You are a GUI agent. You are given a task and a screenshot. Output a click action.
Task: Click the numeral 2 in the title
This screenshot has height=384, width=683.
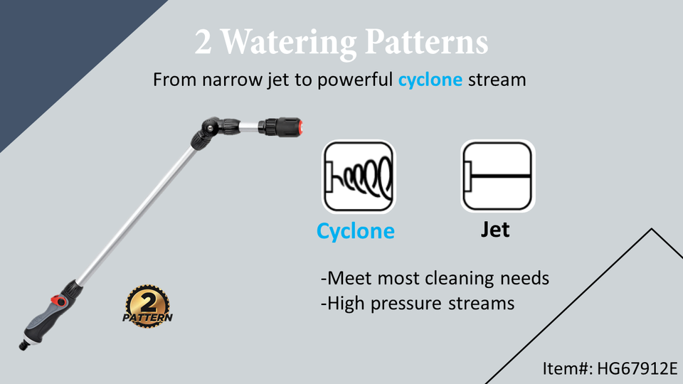point(203,43)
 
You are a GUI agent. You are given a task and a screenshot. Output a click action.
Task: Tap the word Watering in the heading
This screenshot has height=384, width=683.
point(285,44)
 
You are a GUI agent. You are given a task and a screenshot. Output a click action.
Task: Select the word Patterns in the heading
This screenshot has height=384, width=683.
point(427,43)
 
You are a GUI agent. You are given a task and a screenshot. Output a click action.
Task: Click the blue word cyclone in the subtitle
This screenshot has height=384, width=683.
point(430,79)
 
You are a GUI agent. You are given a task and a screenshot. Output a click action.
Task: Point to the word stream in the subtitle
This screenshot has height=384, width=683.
point(497,79)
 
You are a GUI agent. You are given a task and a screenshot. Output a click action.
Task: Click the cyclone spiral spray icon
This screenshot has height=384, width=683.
point(359,176)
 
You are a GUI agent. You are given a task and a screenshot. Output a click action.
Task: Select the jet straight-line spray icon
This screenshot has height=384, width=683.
point(497,176)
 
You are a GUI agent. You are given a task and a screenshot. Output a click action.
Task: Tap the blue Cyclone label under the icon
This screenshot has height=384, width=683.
point(356,231)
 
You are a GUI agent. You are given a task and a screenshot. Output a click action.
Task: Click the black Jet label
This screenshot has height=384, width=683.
point(495,230)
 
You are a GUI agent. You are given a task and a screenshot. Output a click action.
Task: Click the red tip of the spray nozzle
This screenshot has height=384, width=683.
point(301,129)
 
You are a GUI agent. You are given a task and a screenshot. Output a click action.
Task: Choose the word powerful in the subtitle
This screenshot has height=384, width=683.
point(355,79)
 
